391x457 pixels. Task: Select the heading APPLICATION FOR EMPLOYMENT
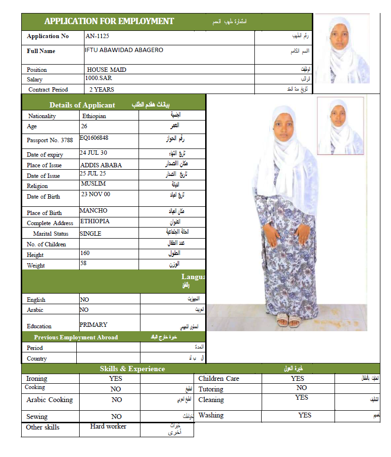pos(109,21)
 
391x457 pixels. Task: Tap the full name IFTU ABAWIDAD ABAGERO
pos(124,50)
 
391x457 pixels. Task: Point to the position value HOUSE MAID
pos(107,70)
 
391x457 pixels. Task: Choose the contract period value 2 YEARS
pos(102,90)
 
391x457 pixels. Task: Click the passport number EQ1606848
pos(94,138)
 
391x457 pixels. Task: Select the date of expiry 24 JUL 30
pos(94,153)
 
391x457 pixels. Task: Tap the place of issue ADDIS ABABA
pos(101,165)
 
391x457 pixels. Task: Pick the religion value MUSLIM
pos(93,184)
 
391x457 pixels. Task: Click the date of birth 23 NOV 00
pos(96,194)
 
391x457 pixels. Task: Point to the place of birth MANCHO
pos(94,211)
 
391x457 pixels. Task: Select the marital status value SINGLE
pos(91,233)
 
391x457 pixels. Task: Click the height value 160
pos(85,253)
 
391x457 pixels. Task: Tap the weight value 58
pos(84,264)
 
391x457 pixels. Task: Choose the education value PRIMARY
pos(94,324)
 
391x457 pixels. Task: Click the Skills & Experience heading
pos(132,369)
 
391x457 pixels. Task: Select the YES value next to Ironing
pos(116,378)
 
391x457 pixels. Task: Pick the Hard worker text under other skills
pos(108,427)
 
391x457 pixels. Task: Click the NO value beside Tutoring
pos(302,388)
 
